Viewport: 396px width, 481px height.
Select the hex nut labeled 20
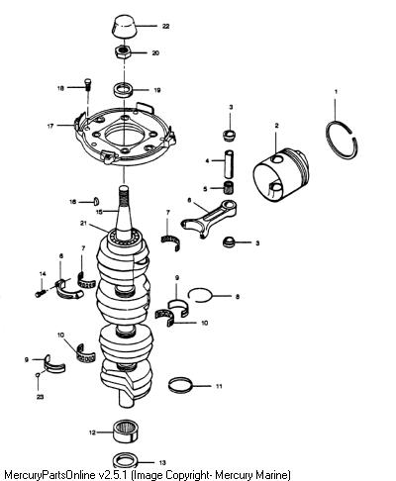coord(123,52)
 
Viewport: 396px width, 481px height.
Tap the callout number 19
coord(157,90)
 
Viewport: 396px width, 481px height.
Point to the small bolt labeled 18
coord(88,84)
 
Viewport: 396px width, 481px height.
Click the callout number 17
coord(50,126)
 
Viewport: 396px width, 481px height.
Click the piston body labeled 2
coord(281,175)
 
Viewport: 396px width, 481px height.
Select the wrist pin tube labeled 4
coord(230,162)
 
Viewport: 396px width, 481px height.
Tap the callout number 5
coord(205,189)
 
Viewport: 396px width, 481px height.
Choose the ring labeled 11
coord(180,385)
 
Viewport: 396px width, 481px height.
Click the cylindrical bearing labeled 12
coord(126,431)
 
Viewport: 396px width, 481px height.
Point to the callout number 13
coord(162,462)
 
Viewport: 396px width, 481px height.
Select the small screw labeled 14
coord(40,293)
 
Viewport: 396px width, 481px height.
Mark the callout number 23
coord(40,397)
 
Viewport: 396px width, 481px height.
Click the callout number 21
coord(83,224)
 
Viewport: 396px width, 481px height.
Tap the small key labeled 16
coord(97,200)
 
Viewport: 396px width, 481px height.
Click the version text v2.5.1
coord(114,475)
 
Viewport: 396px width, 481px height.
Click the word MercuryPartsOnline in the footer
coord(50,475)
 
